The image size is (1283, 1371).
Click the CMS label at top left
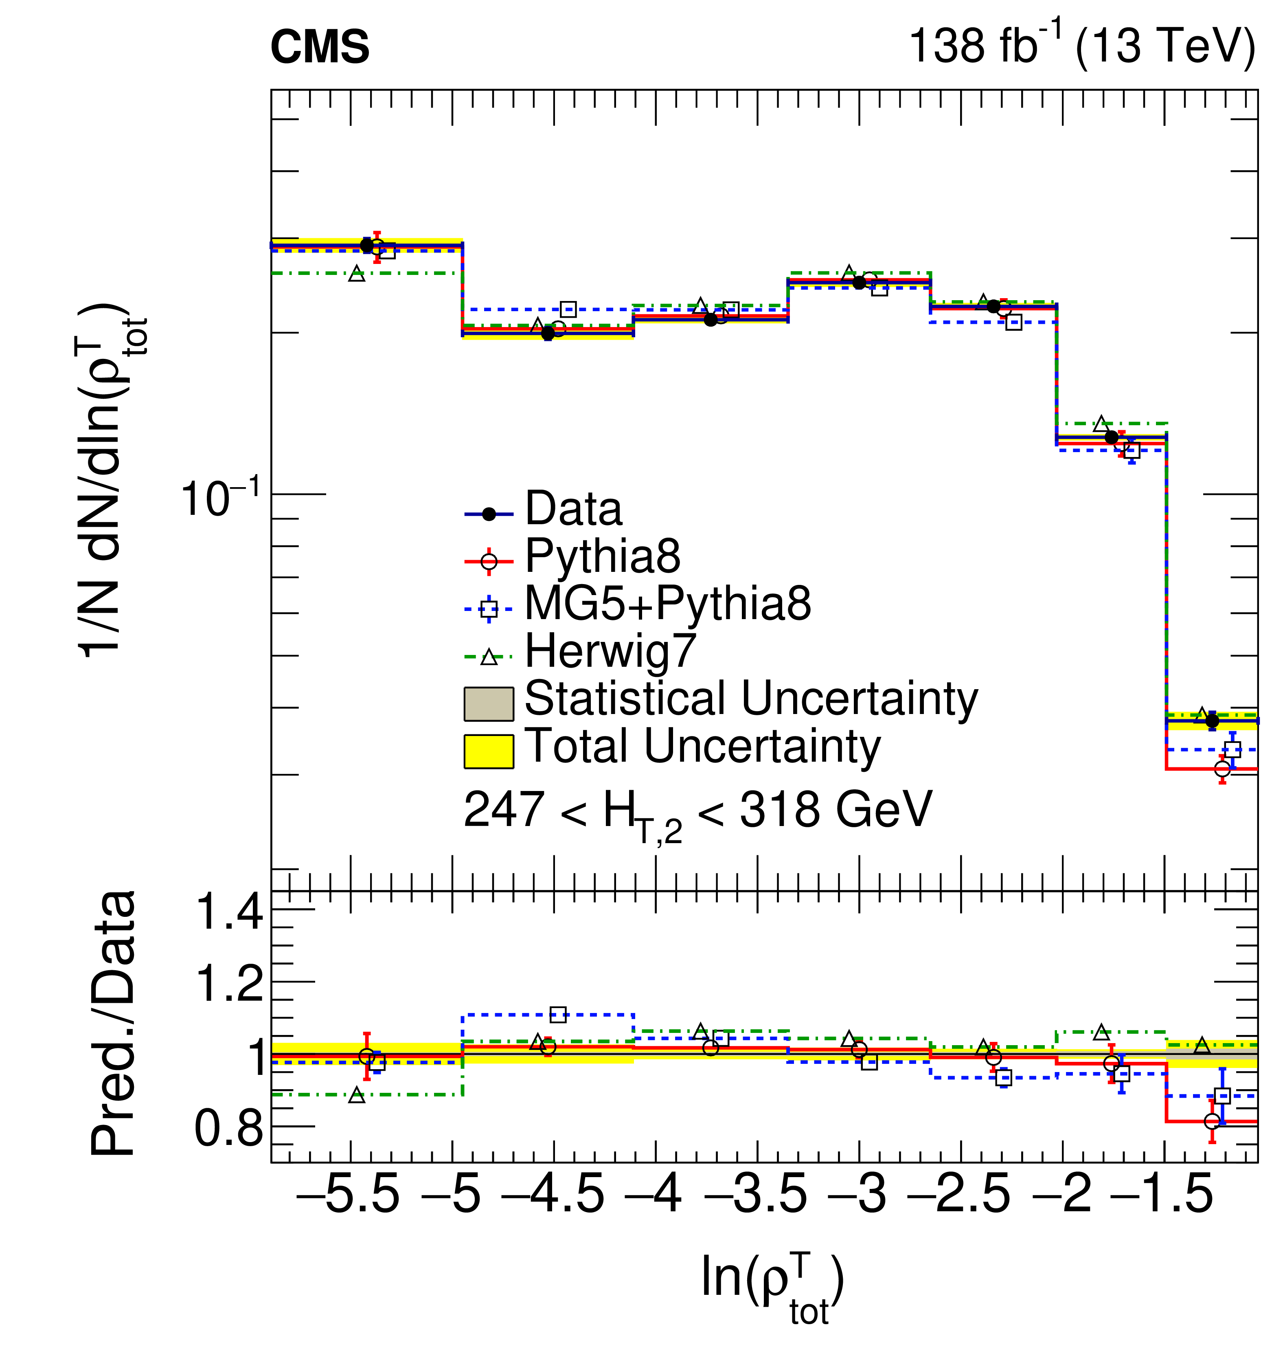[319, 48]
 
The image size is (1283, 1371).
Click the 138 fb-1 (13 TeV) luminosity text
[1081, 46]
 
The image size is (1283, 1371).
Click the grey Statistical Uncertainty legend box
[488, 703]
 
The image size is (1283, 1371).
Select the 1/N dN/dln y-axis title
[110, 480]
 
